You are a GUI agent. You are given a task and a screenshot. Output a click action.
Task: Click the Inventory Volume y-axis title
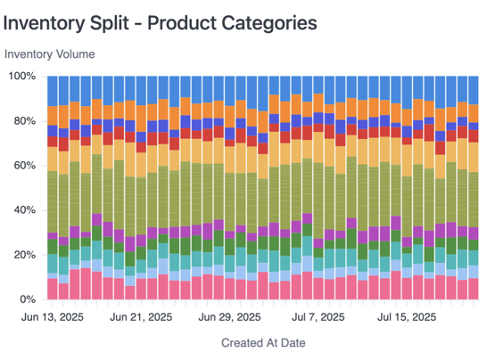click(50, 53)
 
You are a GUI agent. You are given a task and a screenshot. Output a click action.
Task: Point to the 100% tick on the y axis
click(22, 77)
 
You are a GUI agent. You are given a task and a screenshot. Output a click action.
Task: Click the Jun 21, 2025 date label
click(141, 316)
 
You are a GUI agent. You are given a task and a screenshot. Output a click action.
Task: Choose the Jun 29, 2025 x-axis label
click(229, 316)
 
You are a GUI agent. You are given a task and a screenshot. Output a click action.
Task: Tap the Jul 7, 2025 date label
click(318, 316)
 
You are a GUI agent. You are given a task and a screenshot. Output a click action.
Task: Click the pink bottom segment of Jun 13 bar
click(53, 289)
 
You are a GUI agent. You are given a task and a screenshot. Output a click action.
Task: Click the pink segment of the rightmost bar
click(474, 289)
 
